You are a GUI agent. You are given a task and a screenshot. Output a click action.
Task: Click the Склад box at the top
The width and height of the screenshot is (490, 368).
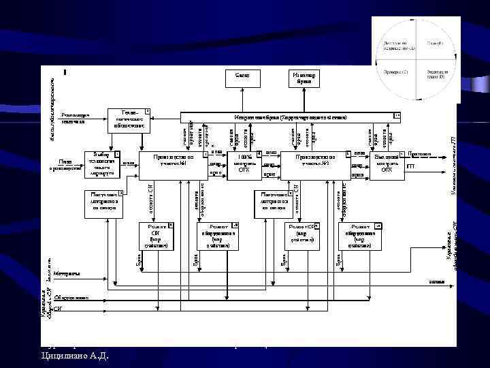click(242, 78)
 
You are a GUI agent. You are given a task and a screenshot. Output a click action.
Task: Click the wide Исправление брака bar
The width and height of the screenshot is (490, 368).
click(289, 118)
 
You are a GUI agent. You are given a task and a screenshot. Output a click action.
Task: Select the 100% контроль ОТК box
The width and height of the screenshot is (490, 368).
click(243, 164)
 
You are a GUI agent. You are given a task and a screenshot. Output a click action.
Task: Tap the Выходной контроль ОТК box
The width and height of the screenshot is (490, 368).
click(387, 164)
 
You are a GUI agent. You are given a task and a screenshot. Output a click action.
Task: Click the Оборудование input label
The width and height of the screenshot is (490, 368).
click(71, 298)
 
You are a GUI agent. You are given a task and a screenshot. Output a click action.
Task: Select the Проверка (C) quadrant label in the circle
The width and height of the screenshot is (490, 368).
click(395, 72)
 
